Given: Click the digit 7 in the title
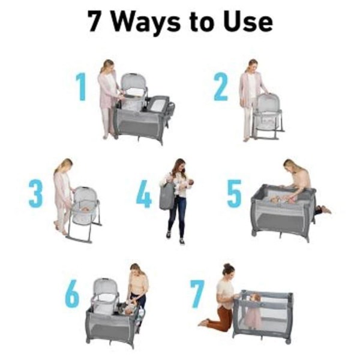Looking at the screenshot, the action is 95,21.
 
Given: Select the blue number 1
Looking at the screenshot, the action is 81,86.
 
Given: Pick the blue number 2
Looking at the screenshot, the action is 221,86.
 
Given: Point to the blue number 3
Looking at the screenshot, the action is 36,194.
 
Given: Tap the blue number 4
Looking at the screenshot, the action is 144,194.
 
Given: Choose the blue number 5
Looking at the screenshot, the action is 234,194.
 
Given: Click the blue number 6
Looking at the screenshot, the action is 73,293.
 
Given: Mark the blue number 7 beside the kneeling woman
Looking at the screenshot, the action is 197,293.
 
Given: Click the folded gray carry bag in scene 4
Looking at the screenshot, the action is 167,196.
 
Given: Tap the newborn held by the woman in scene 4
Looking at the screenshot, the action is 184,184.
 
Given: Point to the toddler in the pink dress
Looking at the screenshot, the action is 253,310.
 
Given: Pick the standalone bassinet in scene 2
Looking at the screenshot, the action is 267,115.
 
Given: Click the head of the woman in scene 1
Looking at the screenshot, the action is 107,65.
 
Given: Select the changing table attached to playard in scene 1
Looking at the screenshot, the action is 158,104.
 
